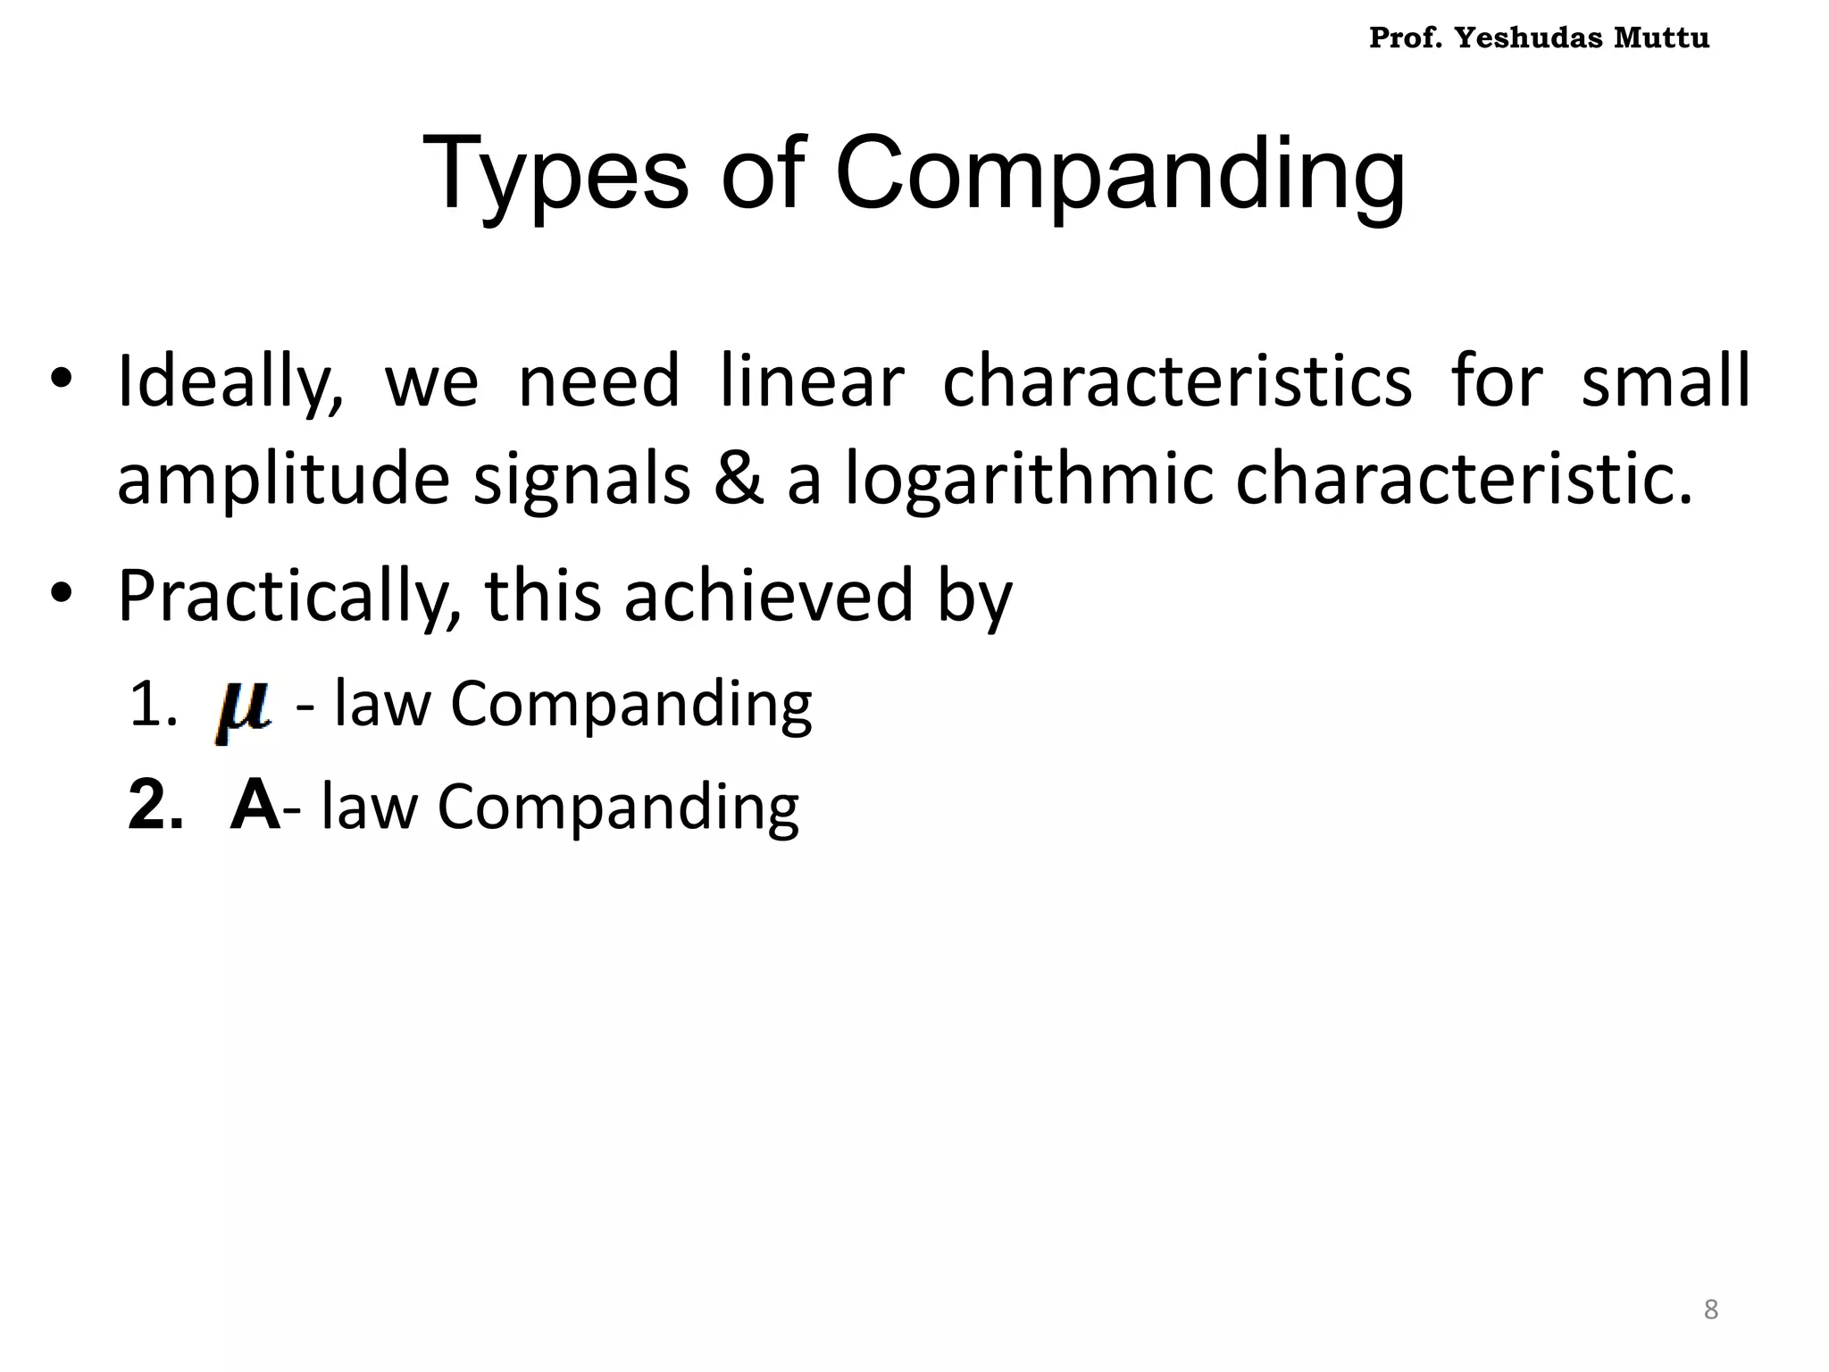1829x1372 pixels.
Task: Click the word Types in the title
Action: point(555,173)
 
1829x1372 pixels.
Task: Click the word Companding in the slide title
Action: point(1120,173)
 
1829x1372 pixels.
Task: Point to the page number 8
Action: point(1710,1309)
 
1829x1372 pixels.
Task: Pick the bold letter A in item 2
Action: point(255,806)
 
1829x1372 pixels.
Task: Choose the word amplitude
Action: point(283,481)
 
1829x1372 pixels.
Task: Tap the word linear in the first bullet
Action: point(812,382)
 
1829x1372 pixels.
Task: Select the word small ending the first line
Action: point(1666,382)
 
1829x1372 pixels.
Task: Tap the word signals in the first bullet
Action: point(581,481)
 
